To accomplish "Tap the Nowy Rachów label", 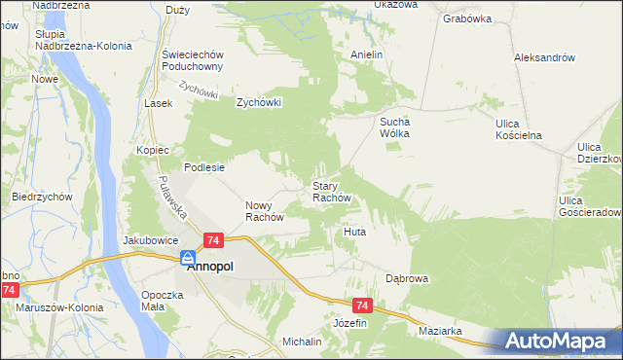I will (264, 211).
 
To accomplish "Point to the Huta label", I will (354, 233).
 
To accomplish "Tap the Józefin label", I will (350, 322).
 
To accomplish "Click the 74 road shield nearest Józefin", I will (361, 305).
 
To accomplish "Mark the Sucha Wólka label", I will (396, 127).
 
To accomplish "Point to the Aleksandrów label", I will (544, 57).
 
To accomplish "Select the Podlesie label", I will (204, 167).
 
